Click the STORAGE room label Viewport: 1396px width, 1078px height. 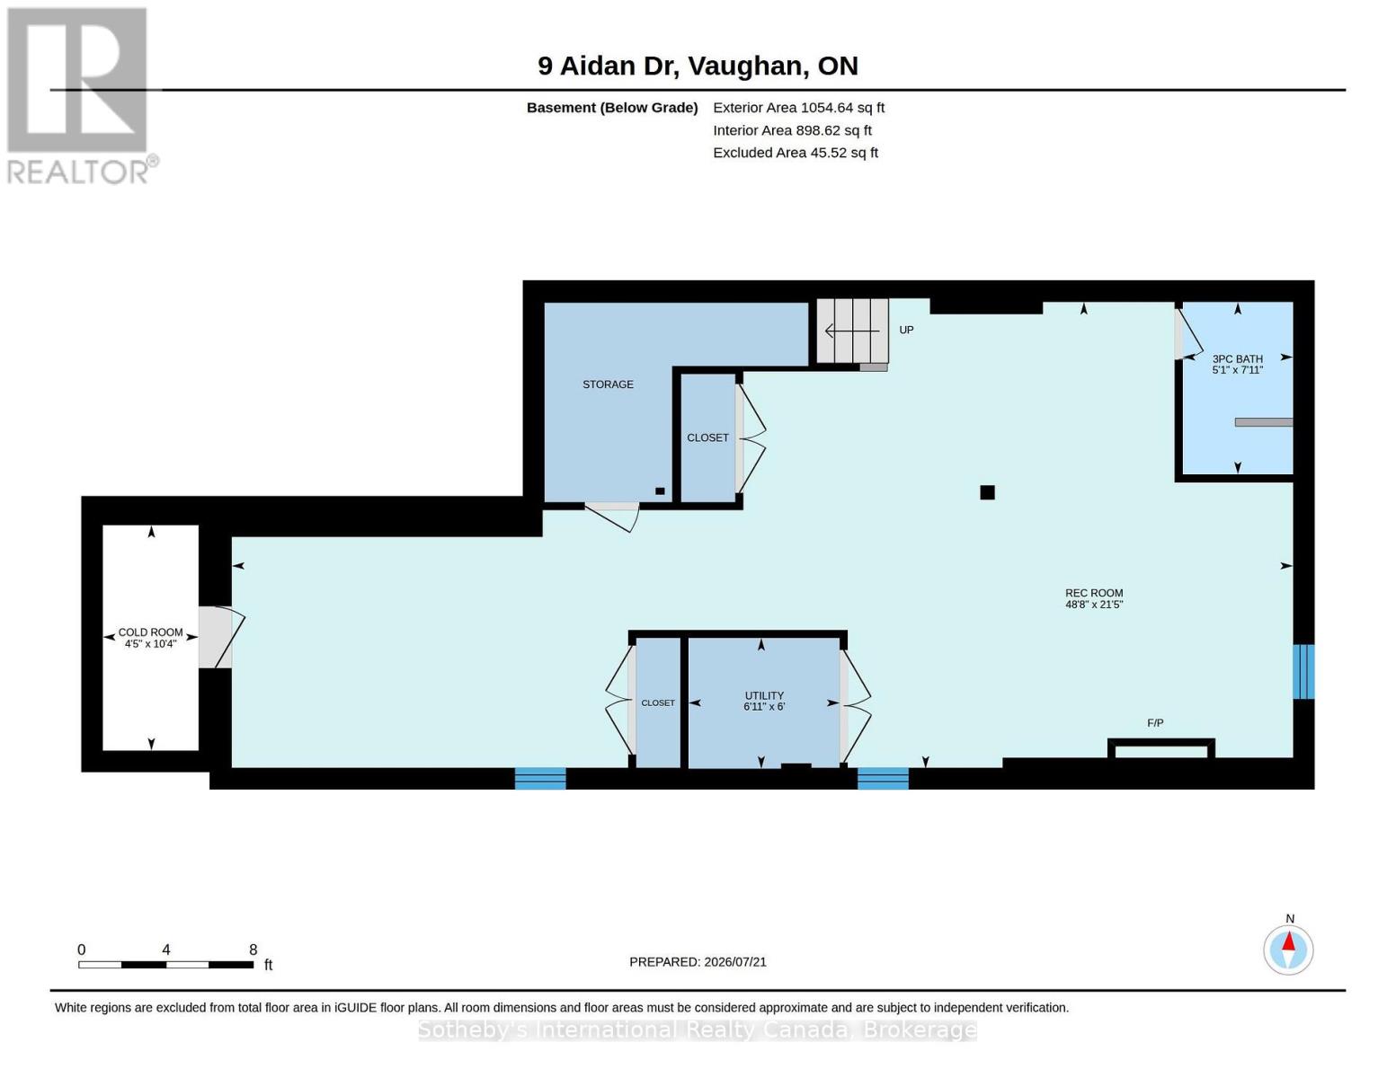click(x=608, y=384)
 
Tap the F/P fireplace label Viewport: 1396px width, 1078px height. click(x=1155, y=723)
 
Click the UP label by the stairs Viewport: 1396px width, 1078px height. click(x=906, y=330)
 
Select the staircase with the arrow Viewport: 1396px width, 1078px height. click(x=852, y=331)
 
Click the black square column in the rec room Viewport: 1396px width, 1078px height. click(x=987, y=492)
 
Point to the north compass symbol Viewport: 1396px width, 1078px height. click(x=1288, y=950)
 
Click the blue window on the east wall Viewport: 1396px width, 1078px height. click(x=1303, y=672)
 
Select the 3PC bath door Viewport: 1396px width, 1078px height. click(x=1188, y=334)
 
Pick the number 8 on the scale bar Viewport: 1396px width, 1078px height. click(x=253, y=950)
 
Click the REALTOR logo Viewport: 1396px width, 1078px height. click(x=81, y=96)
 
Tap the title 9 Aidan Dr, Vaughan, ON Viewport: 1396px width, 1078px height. click(x=698, y=66)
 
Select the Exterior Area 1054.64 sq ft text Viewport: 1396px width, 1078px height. click(x=798, y=108)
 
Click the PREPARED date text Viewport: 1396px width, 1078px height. click(x=698, y=962)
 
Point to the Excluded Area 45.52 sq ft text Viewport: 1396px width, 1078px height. click(x=796, y=153)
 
